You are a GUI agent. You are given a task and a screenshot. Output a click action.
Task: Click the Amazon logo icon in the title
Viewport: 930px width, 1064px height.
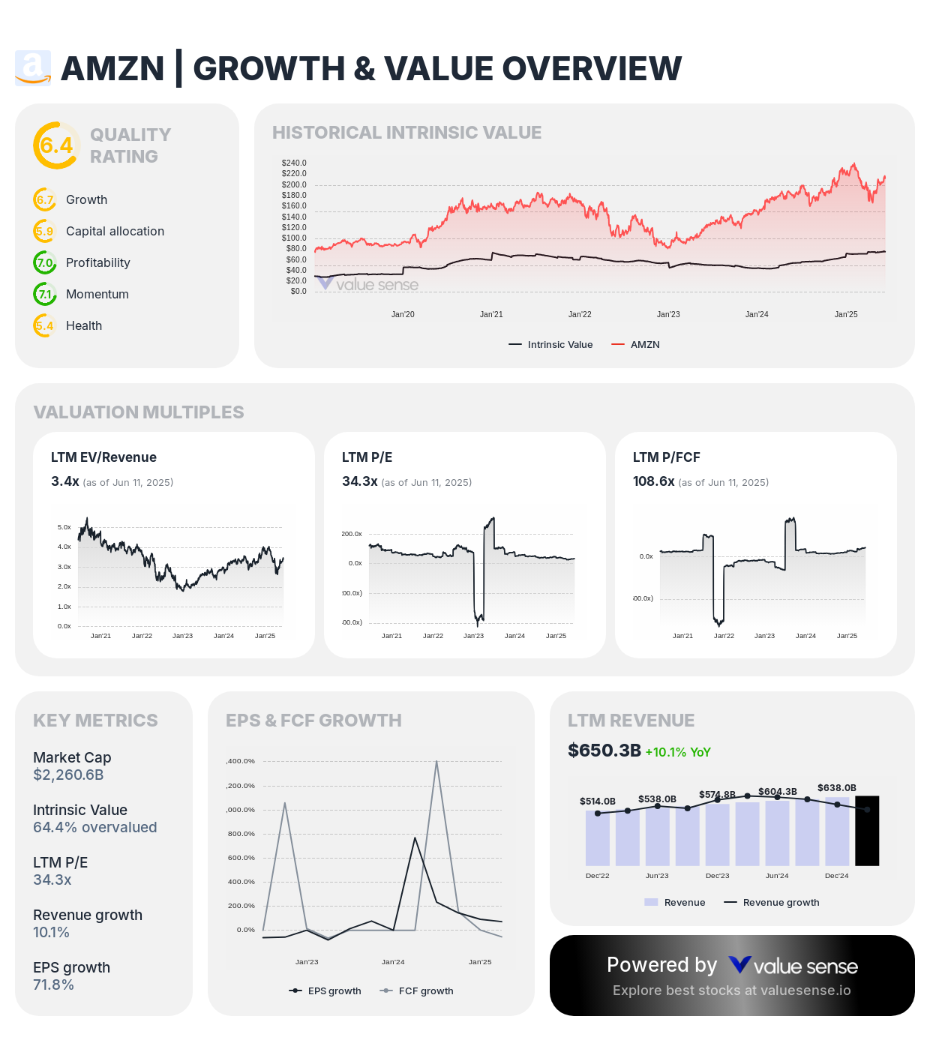click(33, 68)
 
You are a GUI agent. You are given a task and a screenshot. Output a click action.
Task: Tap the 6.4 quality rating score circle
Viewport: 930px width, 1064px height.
click(56, 145)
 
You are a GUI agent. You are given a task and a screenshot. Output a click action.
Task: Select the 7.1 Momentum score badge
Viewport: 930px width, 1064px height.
click(45, 294)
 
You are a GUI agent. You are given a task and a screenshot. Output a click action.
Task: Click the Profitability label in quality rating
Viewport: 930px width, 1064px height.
click(97, 262)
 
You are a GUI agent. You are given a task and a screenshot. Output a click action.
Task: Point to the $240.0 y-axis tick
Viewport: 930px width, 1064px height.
click(294, 163)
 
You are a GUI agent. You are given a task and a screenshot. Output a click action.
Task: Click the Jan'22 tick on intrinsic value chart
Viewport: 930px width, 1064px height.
click(580, 314)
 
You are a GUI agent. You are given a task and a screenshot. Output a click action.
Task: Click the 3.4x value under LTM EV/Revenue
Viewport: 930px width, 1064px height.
click(65, 481)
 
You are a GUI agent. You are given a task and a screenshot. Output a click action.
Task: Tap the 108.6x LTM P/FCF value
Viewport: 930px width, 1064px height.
click(653, 481)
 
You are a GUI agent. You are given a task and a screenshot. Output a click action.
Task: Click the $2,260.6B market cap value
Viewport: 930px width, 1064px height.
click(68, 775)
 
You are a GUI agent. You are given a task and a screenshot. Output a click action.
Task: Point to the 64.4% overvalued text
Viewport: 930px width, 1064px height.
click(94, 827)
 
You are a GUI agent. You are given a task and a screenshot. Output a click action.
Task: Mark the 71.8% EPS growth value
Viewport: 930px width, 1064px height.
click(53, 985)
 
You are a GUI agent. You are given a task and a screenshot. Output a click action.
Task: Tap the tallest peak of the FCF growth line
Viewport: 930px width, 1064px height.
click(436, 761)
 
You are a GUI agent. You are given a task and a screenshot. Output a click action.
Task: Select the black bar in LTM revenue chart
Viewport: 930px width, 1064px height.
click(867, 831)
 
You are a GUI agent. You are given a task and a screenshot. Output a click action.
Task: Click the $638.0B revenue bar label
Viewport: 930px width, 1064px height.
click(836, 787)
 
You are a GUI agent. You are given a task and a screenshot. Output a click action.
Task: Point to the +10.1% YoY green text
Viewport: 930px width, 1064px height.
click(677, 752)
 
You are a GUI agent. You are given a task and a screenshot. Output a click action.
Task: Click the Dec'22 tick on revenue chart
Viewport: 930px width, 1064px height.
click(597, 876)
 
